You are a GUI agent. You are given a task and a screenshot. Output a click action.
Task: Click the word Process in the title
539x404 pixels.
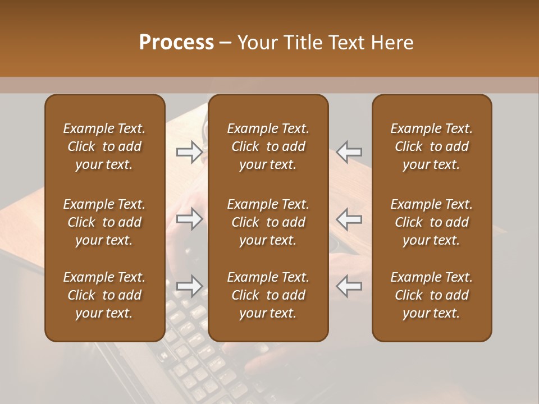176,42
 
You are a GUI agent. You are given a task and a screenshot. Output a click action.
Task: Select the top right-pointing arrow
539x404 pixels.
189,151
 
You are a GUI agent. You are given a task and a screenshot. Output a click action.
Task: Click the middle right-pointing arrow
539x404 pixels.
189,218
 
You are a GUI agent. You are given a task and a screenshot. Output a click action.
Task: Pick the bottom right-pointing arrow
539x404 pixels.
189,286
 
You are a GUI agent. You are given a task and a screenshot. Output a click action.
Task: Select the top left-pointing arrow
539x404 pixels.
349,151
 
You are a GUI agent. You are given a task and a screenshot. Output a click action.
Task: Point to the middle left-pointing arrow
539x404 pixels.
349,218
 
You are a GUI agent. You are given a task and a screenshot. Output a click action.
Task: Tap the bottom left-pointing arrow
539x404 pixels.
349,286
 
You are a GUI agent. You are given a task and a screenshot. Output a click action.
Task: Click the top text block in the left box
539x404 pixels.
104,146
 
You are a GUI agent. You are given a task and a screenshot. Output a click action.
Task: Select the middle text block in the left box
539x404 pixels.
104,222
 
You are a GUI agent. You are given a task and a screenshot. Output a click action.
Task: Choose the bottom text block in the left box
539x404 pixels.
104,295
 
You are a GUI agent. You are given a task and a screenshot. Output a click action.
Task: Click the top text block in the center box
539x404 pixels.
268,146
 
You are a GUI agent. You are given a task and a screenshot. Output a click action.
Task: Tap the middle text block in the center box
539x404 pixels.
268,222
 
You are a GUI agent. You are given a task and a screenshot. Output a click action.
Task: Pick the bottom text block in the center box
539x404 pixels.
268,295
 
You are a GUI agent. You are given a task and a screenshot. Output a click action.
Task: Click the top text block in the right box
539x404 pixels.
432,146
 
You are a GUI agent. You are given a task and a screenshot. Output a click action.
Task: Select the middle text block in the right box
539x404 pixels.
432,222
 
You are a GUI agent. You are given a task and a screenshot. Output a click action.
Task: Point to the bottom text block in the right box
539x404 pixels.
432,295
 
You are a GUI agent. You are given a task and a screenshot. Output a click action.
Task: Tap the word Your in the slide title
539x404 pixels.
257,42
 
